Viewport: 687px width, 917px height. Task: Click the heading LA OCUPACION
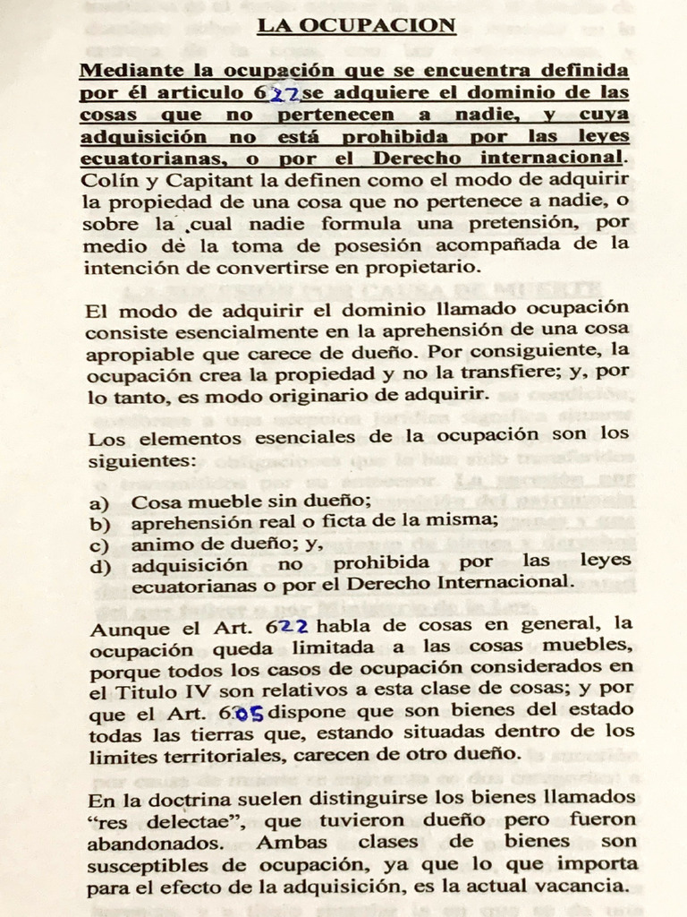(357, 25)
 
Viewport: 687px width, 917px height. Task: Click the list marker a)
(98, 503)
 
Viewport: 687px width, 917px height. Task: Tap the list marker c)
(98, 544)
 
